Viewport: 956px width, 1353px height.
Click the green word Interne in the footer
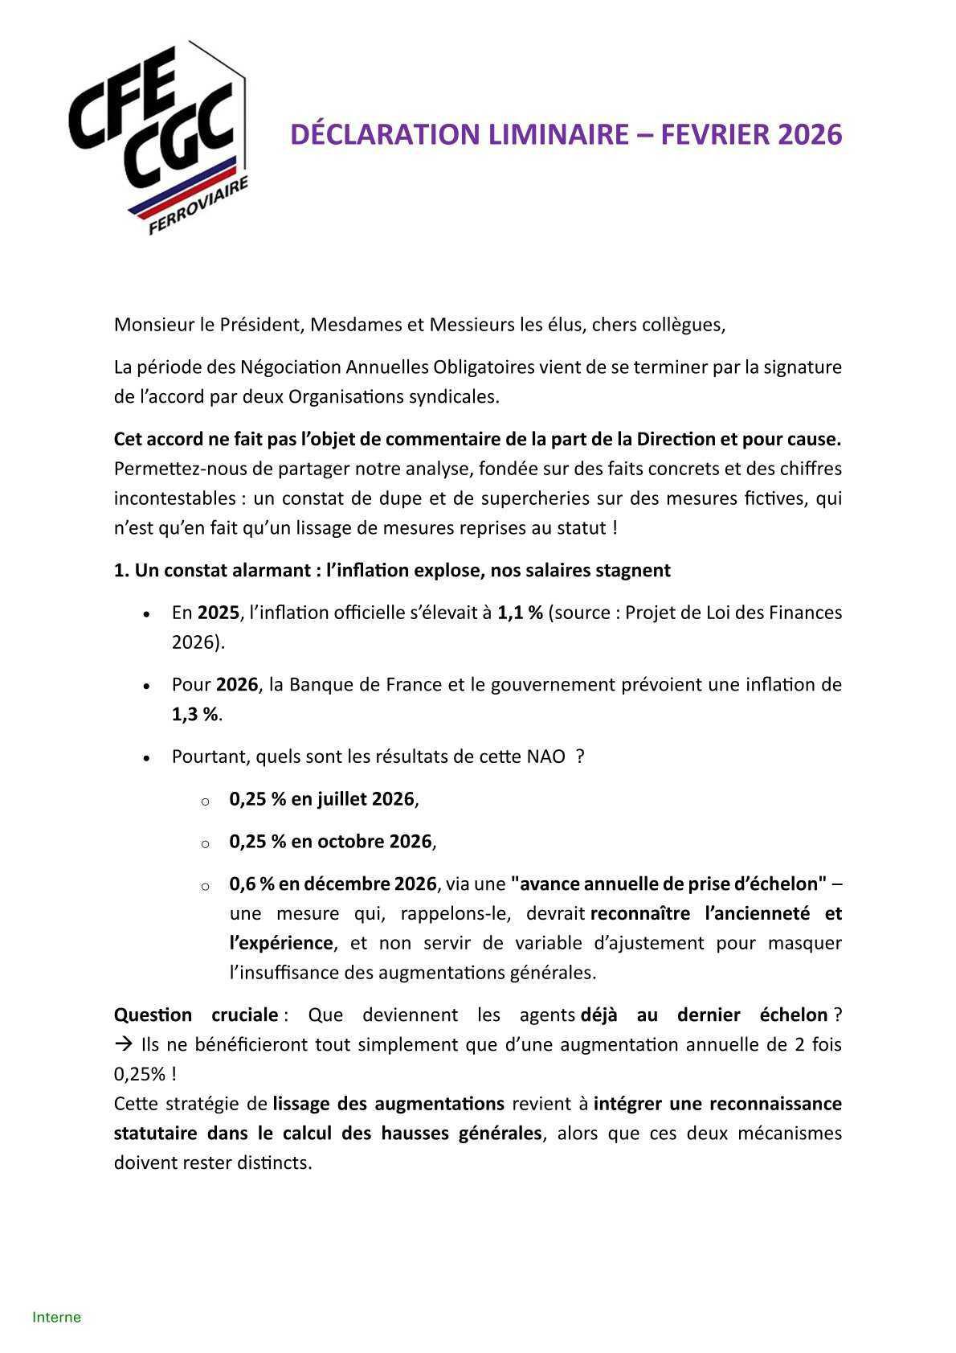pos(56,1317)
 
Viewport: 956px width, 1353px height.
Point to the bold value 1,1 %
pos(520,613)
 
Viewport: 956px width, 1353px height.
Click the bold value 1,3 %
pos(195,715)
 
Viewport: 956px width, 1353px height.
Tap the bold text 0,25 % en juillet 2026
pos(321,799)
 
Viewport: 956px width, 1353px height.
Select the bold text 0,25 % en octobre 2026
pos(330,842)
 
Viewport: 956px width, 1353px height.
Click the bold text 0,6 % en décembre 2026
pos(333,884)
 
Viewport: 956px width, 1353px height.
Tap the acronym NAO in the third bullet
pos(545,757)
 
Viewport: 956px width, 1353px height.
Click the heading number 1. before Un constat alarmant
pos(121,571)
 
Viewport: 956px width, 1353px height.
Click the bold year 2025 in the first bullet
pos(218,613)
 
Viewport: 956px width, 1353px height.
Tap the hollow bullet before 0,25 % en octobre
pos(205,843)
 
